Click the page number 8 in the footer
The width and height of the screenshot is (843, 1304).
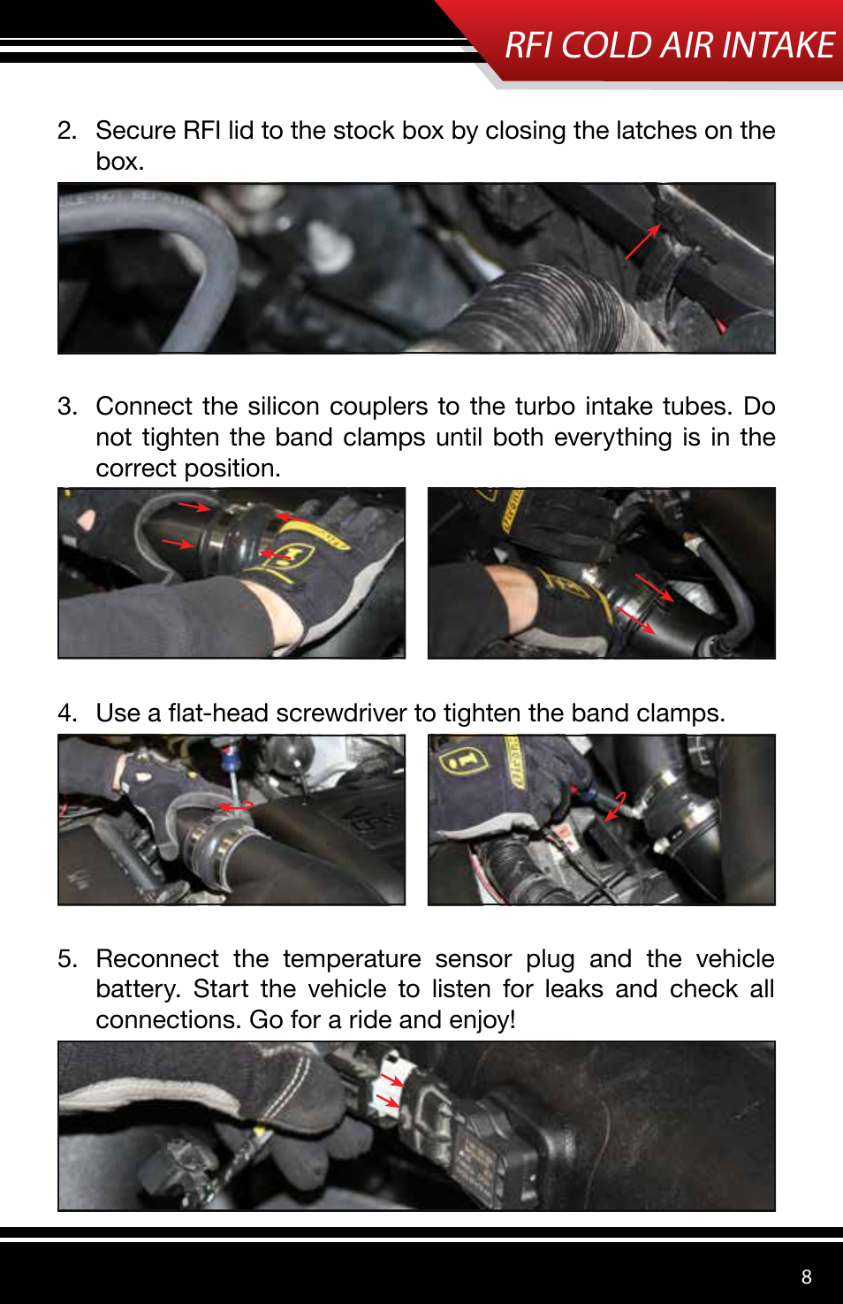click(806, 1277)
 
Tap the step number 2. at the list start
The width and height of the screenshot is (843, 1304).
click(67, 131)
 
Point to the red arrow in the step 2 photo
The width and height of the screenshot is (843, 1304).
click(642, 241)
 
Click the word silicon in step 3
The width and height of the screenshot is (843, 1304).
click(284, 407)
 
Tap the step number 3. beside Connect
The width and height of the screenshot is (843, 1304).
click(67, 407)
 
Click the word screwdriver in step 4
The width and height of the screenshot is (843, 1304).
click(340, 713)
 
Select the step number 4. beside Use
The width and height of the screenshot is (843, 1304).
click(67, 713)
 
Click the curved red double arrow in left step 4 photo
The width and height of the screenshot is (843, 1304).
click(235, 807)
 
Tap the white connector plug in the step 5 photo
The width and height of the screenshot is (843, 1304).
click(396, 1087)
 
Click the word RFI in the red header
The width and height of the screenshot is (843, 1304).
click(528, 45)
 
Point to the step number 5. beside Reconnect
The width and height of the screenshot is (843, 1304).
click(67, 960)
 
